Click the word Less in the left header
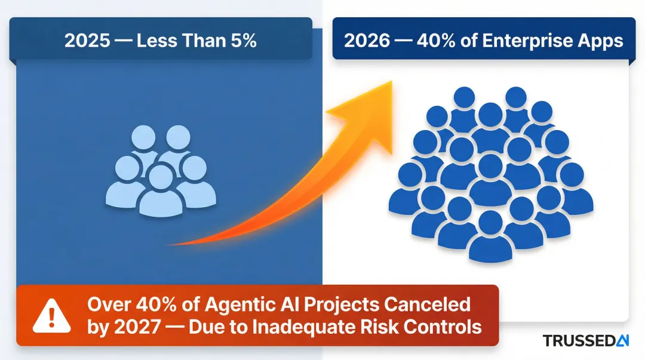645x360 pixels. (157, 41)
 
